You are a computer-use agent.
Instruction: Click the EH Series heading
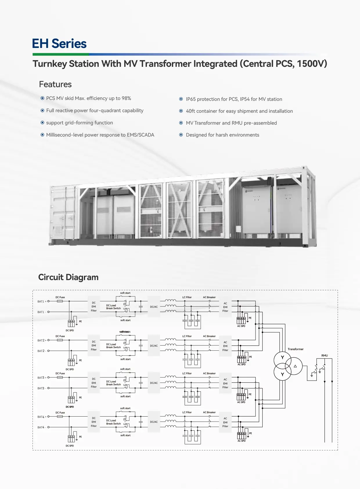[x=59, y=44]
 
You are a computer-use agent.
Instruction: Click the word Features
[x=55, y=84]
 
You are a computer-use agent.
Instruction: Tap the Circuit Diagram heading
[x=68, y=277]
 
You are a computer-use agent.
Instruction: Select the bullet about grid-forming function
[x=79, y=123]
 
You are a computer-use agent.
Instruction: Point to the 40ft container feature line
[x=239, y=111]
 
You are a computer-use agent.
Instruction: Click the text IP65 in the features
[x=191, y=99]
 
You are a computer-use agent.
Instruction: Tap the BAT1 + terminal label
[x=42, y=301]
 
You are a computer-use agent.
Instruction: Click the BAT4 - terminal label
[x=42, y=427]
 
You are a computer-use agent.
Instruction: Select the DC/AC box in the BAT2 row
[x=154, y=346]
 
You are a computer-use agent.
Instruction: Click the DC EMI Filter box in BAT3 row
[x=94, y=383]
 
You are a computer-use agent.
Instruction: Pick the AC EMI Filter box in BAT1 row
[x=225, y=307]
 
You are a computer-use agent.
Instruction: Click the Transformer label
[x=296, y=349]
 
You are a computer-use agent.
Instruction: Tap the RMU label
[x=325, y=356]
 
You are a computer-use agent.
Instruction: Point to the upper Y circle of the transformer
[x=282, y=358]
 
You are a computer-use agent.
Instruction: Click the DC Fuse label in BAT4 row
[x=60, y=413]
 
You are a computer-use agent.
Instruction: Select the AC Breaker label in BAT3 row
[x=209, y=373]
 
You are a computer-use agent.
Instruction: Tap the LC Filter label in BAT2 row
[x=187, y=336]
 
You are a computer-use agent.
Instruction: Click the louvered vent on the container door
[x=58, y=230]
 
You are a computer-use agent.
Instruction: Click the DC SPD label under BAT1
[x=70, y=330]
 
